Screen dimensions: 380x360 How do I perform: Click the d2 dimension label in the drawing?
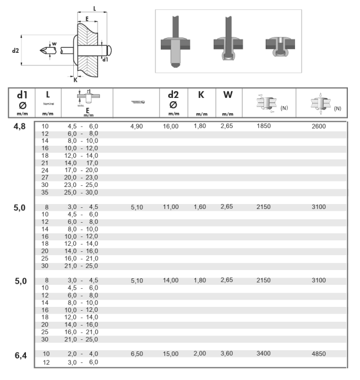(x=15, y=50)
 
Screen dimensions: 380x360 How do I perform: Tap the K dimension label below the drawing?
(x=75, y=79)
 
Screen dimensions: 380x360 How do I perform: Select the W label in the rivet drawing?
(x=54, y=43)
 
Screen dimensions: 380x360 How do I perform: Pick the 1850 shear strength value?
(x=264, y=126)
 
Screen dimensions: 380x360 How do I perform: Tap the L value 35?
(x=46, y=193)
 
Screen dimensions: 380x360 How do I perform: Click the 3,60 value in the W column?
(x=227, y=354)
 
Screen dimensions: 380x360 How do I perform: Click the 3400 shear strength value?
(x=264, y=354)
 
